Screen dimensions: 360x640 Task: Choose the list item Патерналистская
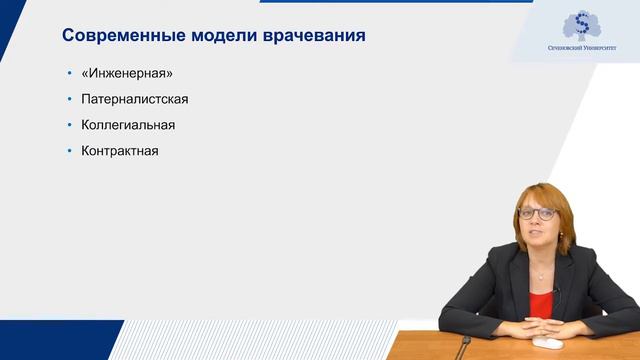point(135,100)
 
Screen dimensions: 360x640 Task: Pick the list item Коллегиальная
point(128,125)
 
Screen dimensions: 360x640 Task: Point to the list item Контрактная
point(120,151)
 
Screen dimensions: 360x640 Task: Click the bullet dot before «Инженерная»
point(69,74)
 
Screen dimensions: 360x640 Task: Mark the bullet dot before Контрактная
point(69,151)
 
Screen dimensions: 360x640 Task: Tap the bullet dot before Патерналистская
point(69,100)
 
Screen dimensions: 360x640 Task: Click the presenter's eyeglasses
point(537,213)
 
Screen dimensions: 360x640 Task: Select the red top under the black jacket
point(541,301)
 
